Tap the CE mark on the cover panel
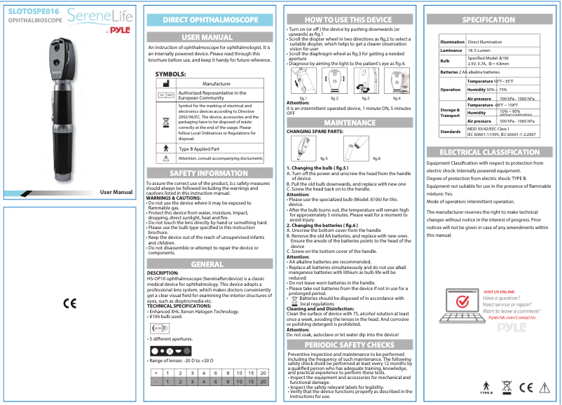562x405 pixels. click(69, 303)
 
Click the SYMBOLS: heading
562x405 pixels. click(170, 73)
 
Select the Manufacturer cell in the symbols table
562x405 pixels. click(216, 83)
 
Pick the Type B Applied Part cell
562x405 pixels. click(200, 149)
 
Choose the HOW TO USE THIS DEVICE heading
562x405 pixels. click(348, 20)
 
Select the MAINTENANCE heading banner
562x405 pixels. click(348, 123)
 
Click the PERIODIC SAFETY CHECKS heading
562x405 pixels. click(348, 345)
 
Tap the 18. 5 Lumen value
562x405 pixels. click(479, 50)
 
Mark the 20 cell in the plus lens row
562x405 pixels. click(263, 373)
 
